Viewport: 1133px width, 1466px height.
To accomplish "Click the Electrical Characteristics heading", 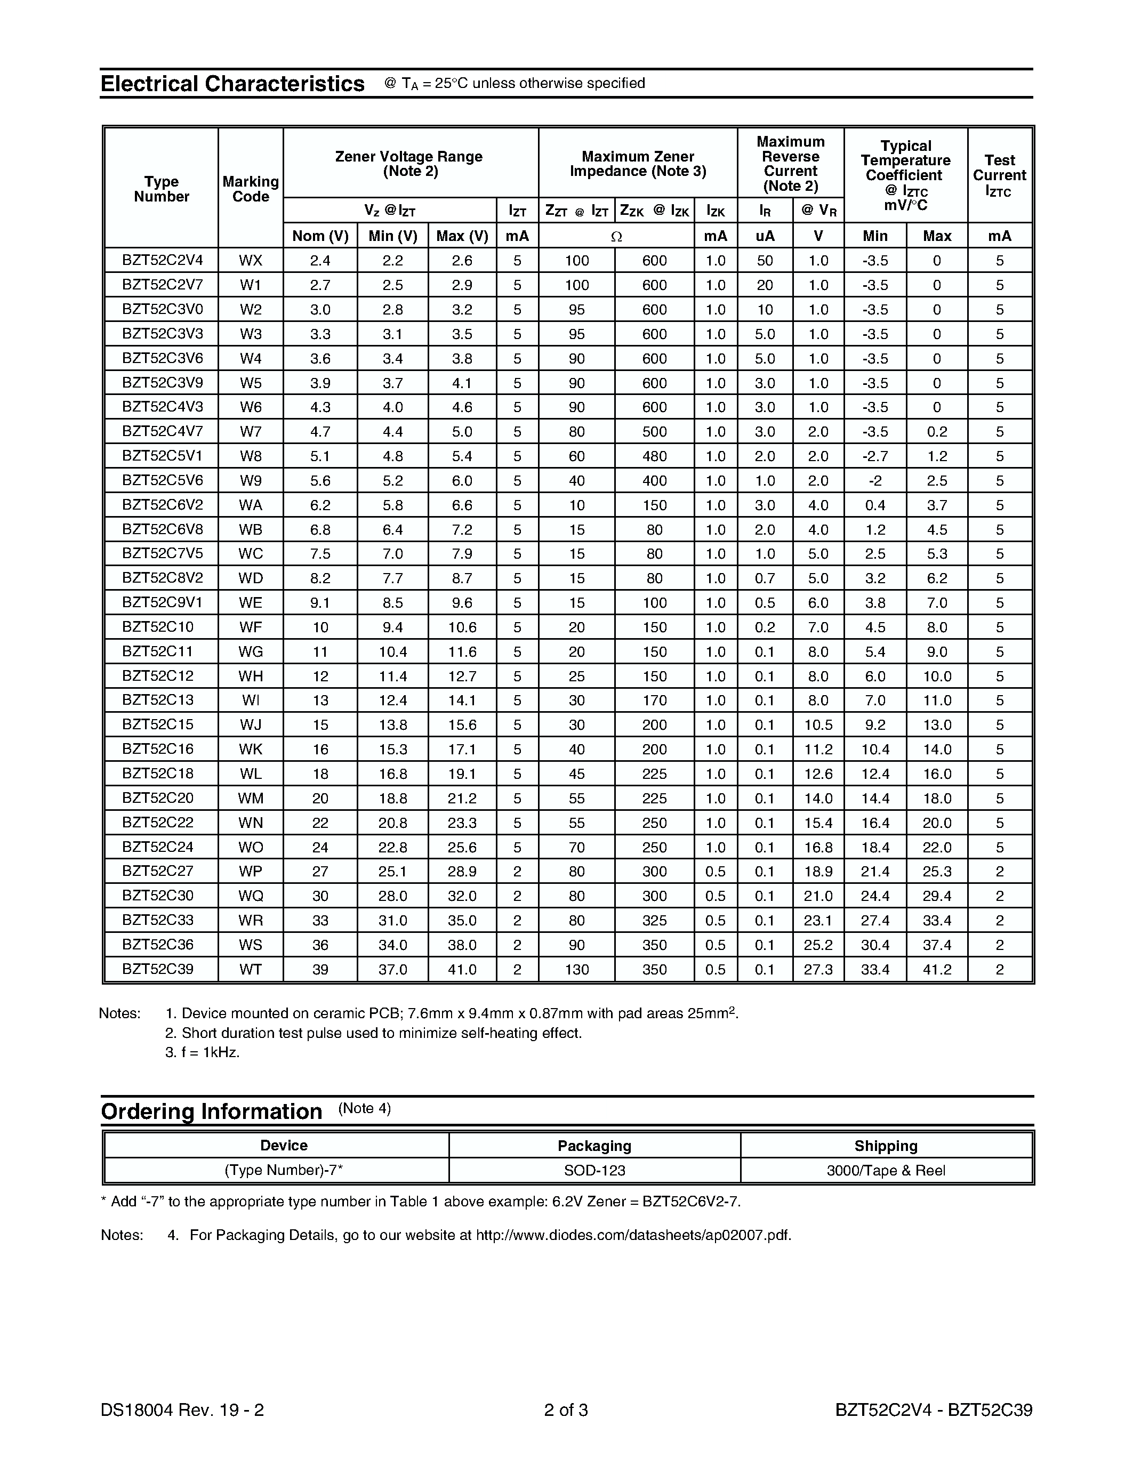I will click(232, 84).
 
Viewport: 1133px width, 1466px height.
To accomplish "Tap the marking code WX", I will click(251, 261).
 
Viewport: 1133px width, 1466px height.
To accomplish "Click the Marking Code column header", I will click(251, 189).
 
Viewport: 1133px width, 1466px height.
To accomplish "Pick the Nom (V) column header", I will click(320, 236).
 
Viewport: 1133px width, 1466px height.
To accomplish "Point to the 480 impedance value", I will click(654, 456).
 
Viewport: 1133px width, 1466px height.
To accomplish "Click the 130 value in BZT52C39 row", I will click(576, 969).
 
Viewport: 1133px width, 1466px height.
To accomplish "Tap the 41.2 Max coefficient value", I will click(936, 969).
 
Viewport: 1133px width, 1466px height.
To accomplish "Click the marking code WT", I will click(251, 969).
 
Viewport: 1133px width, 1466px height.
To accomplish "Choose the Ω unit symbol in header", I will click(616, 236).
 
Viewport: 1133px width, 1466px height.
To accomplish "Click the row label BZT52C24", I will click(158, 847).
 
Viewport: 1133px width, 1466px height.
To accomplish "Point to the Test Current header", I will click(999, 175).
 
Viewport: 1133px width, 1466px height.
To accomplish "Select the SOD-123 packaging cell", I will click(594, 1170).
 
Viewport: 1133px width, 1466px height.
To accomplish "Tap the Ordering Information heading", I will click(212, 1111).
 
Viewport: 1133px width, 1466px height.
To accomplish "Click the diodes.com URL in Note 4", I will click(633, 1235).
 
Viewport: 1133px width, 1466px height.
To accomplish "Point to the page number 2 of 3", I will click(566, 1409).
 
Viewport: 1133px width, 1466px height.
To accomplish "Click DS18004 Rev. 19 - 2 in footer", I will click(182, 1409).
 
